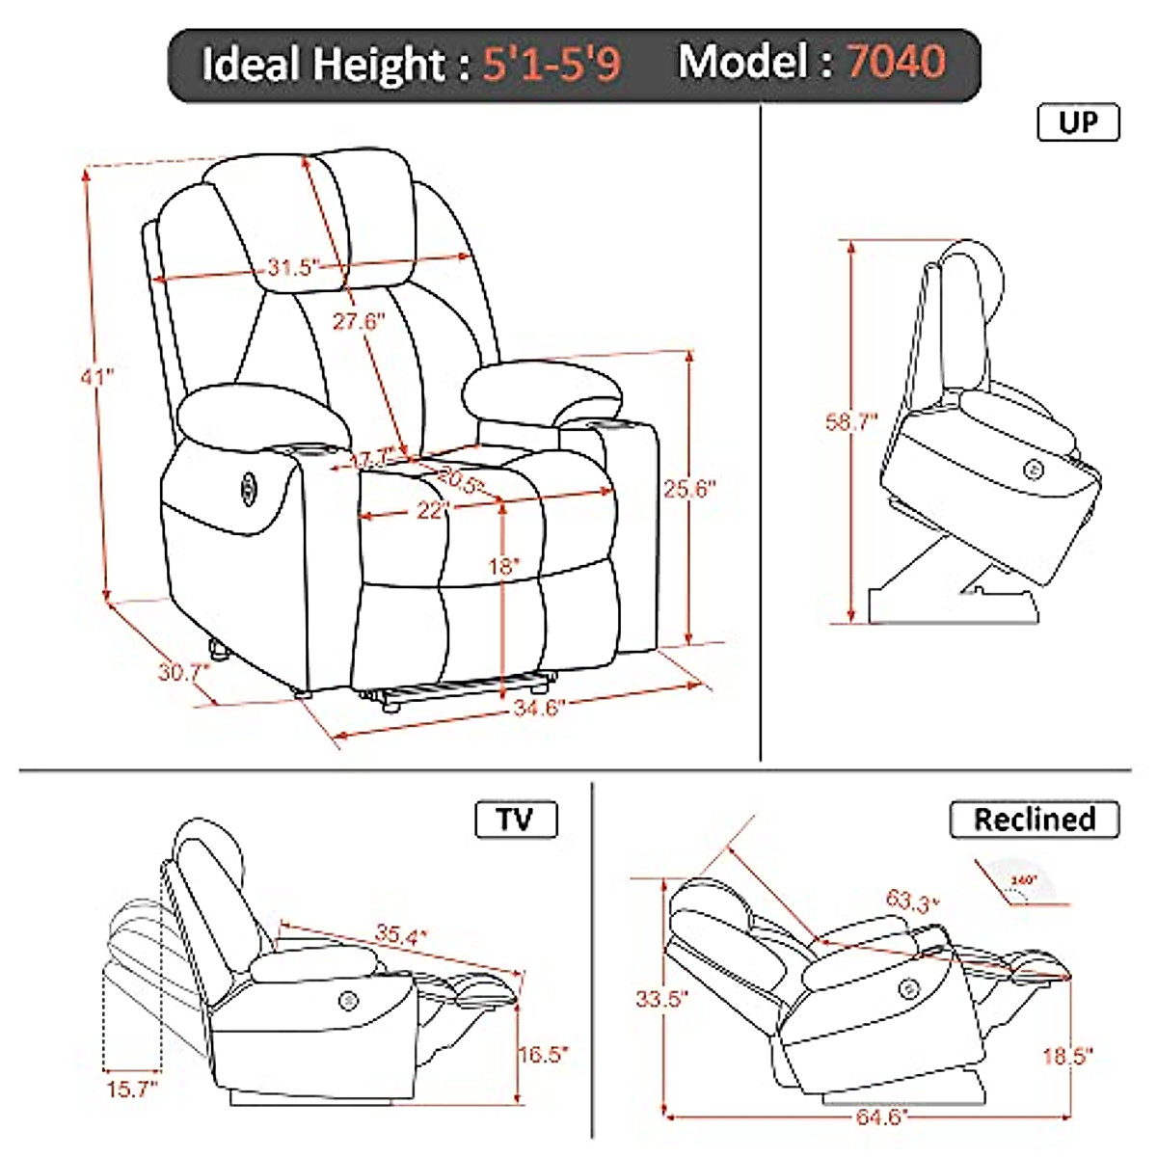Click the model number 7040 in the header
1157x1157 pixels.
coord(896,63)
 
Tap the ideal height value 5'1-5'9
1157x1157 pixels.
coord(552,65)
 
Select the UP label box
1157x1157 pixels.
coord(1078,123)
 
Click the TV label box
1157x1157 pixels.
coord(516,820)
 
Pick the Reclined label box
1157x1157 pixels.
coord(1035,820)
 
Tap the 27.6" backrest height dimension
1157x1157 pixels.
coord(359,320)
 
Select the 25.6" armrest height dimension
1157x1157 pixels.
coord(690,489)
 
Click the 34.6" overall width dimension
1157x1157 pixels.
coord(538,709)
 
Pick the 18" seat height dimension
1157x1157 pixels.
coord(502,567)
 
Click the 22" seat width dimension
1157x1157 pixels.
coord(434,510)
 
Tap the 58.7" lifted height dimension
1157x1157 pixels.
coord(852,421)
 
